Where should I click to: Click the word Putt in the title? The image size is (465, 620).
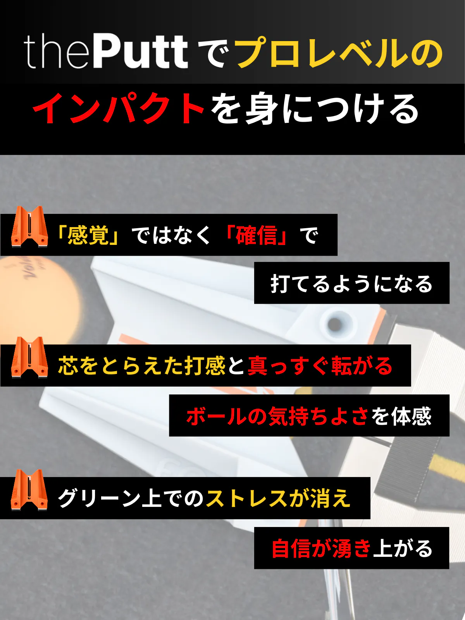click(141, 52)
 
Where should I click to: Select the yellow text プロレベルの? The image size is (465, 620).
click(339, 53)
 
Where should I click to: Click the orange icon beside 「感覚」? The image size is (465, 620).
click(29, 227)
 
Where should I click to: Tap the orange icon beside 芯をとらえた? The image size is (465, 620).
click(29, 358)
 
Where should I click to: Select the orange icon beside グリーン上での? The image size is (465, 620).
click(29, 490)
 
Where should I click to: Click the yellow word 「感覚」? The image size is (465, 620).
click(88, 235)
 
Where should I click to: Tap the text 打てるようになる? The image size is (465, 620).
click(351, 283)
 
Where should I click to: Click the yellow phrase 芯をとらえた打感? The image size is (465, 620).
click(142, 366)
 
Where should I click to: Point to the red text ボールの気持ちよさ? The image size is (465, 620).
click(277, 416)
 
